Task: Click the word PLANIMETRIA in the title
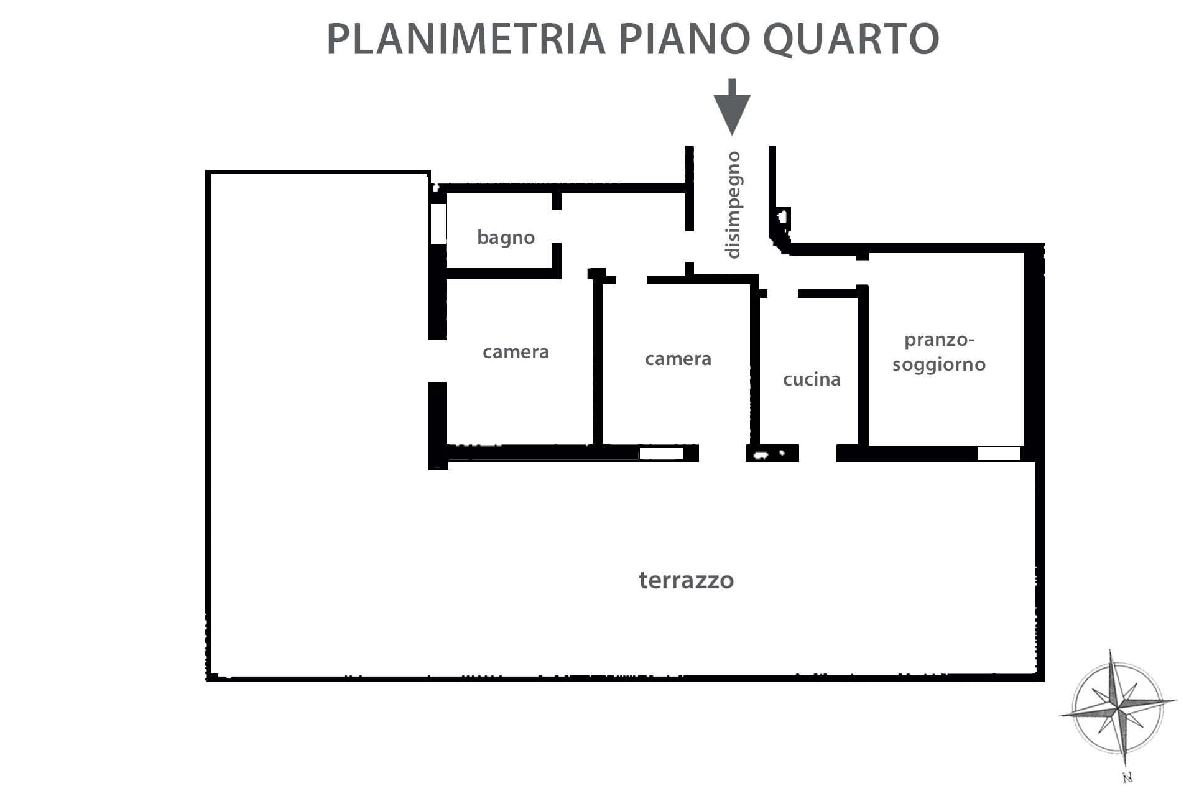(466, 39)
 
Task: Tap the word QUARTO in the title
(851, 40)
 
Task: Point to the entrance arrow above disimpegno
(732, 107)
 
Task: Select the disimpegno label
(733, 205)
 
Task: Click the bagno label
(506, 238)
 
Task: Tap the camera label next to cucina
(678, 359)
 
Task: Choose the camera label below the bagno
(516, 352)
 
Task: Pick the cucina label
(812, 379)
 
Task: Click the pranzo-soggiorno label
(939, 352)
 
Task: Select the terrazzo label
(686, 580)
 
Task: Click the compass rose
(1118, 709)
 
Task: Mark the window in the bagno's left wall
(438, 223)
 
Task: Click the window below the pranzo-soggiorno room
(999, 454)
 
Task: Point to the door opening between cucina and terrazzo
(817, 453)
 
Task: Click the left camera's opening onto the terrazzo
(437, 361)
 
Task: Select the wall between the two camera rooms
(598, 361)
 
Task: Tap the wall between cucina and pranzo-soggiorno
(863, 367)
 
